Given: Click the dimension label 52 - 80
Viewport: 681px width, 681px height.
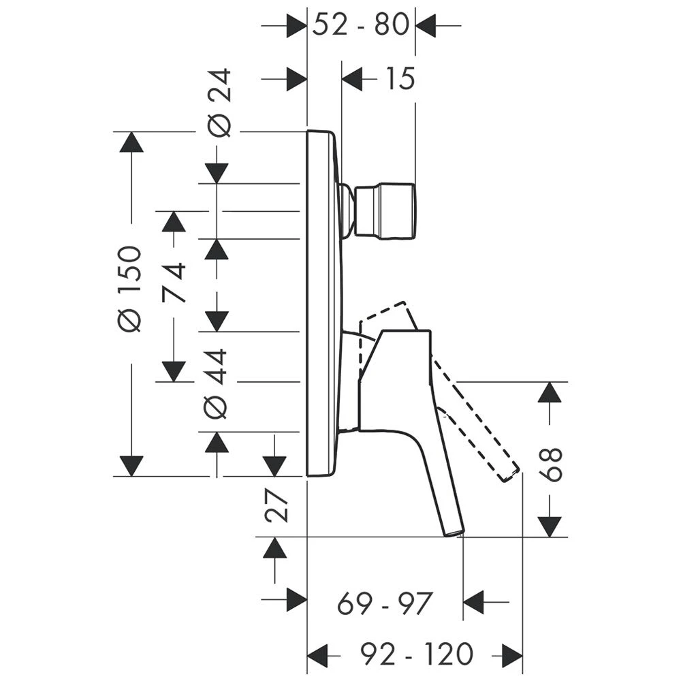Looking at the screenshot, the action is [x=361, y=25].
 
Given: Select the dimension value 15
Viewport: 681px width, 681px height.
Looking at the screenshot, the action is [x=400, y=79].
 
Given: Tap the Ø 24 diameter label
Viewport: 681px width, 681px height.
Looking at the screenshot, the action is [x=219, y=103].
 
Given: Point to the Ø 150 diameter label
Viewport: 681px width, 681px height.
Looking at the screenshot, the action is [x=130, y=289].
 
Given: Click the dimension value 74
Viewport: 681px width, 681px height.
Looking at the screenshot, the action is [x=174, y=283].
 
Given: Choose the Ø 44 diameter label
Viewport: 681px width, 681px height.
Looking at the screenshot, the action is [x=216, y=383].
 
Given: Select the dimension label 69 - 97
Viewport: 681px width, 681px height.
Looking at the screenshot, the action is [x=385, y=603].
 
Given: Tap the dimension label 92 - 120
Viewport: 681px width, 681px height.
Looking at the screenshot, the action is [x=416, y=653].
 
